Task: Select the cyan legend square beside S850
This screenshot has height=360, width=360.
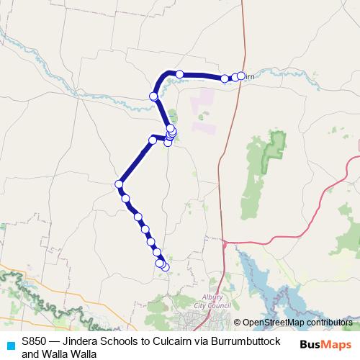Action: click(9, 346)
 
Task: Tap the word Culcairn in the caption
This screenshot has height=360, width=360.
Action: click(173, 341)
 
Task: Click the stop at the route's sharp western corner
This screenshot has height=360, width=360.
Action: click(118, 184)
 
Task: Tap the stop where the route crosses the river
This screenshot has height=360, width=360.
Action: click(153, 96)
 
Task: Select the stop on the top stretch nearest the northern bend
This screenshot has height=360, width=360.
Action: click(179, 73)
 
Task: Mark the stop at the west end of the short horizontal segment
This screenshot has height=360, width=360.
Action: click(153, 139)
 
